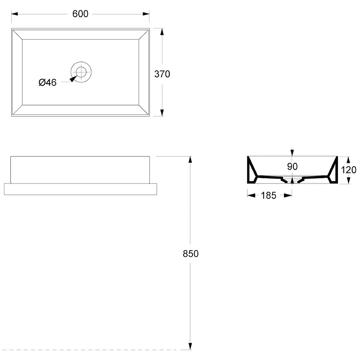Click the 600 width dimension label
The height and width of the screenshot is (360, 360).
tap(80, 14)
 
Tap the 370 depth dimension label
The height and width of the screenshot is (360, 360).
tap(162, 74)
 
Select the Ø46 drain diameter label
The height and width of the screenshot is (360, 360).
tap(48, 82)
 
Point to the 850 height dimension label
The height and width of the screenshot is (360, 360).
tap(190, 253)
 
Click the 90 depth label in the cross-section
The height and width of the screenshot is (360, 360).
tap(292, 166)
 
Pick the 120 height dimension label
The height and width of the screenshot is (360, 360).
tap(348, 170)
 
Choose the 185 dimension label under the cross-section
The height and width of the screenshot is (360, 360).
tap(268, 195)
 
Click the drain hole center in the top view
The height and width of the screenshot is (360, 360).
tap(81, 72)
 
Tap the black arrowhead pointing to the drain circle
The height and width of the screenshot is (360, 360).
tap(73, 79)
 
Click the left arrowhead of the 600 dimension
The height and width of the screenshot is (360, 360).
tap(15, 14)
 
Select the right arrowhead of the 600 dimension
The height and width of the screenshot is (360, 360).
tap(146, 14)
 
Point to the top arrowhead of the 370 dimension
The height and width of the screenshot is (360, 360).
tap(162, 31)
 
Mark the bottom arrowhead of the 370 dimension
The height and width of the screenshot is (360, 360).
tap(162, 113)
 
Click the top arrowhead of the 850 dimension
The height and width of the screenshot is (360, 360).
tap(190, 160)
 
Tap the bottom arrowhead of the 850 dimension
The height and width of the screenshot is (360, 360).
tap(190, 346)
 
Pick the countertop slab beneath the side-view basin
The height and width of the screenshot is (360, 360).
tap(81, 189)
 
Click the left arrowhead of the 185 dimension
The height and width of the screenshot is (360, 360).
tap(252, 195)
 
